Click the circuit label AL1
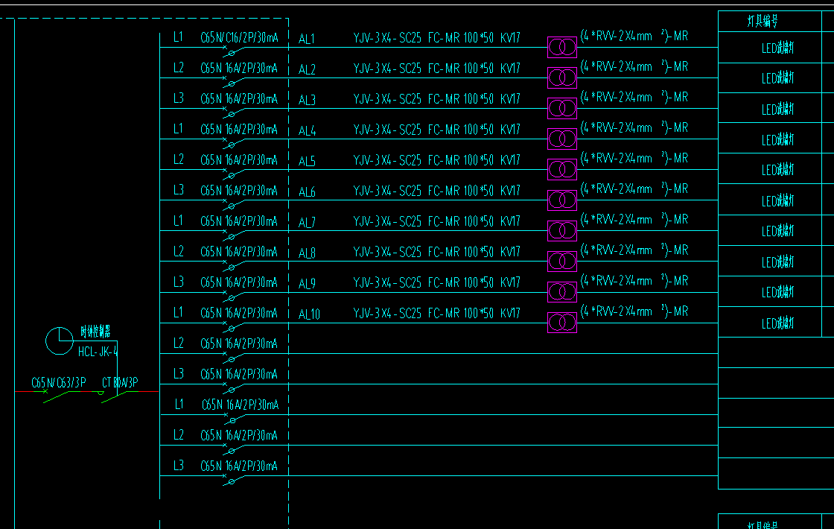[307, 39]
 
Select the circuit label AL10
[309, 314]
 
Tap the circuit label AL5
[307, 161]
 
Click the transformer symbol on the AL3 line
[562, 109]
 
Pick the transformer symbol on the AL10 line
[562, 323]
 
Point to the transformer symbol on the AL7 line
[562, 231]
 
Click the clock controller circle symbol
[60, 341]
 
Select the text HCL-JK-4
[98, 350]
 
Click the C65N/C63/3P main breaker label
[59, 383]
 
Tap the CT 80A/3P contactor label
[120, 383]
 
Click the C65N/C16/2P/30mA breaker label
[239, 37]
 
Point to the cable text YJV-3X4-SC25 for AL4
[387, 130]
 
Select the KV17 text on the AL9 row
[510, 282]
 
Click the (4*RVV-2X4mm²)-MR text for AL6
[634, 189]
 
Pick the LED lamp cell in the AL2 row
[778, 79]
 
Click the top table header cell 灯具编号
[763, 22]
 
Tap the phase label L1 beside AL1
[178, 37]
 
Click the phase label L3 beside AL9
[178, 282]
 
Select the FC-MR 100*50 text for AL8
[461, 252]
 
